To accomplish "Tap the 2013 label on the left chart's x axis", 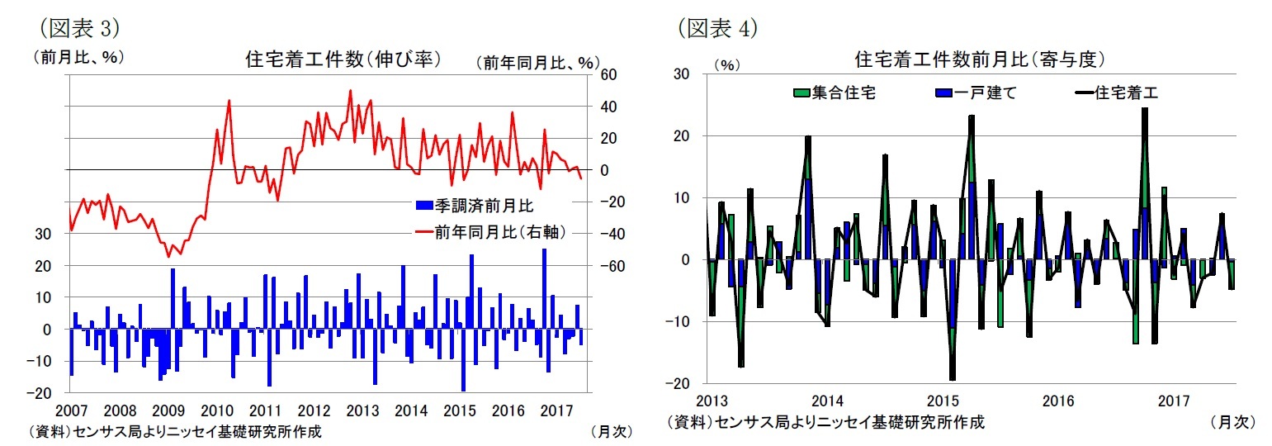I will coord(362,410).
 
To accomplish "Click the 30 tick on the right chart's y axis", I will coord(683,74).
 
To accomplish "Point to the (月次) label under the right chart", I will coord(1232,422).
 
